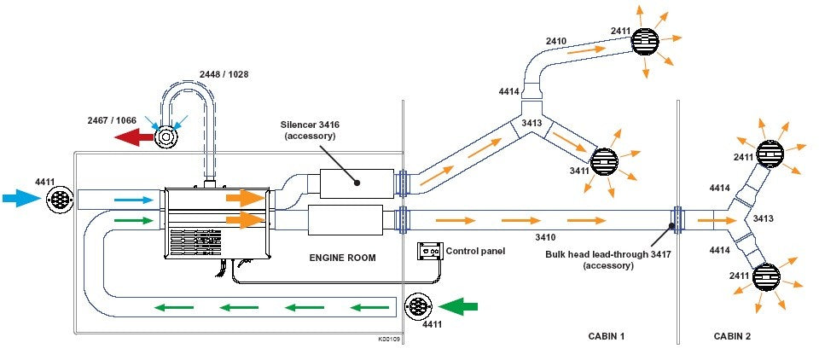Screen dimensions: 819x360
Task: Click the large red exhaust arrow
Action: pos(134,138)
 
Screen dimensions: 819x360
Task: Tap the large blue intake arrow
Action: pos(20,198)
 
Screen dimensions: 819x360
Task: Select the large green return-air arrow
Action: pos(458,305)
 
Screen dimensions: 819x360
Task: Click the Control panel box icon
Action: pos(429,252)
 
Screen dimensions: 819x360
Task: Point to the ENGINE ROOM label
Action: pos(342,258)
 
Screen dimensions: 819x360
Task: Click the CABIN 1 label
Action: pos(607,336)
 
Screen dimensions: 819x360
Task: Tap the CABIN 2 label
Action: pos(732,336)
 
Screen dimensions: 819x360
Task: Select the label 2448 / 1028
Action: pos(224,75)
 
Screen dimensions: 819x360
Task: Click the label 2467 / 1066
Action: pos(112,120)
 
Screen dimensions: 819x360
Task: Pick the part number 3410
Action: pos(545,237)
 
